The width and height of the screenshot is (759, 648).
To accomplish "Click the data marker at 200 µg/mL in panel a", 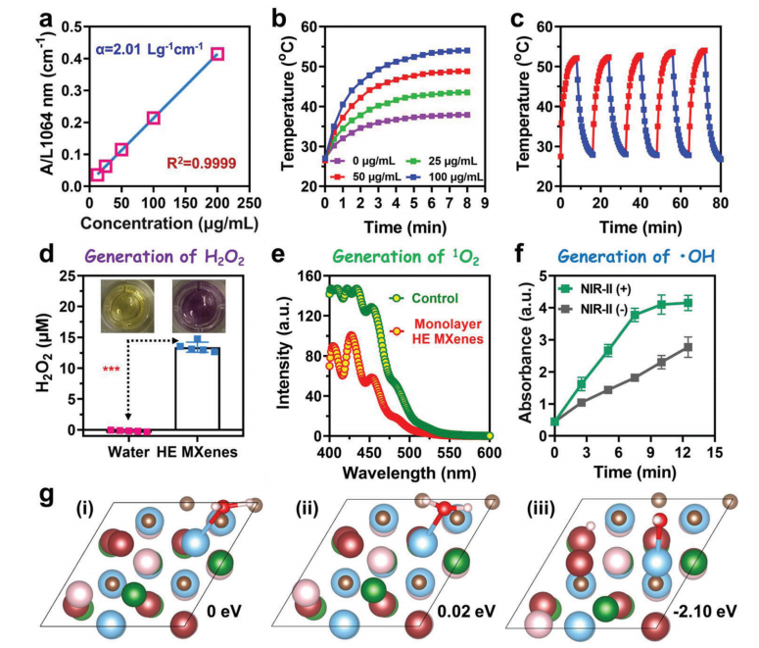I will pos(217,54).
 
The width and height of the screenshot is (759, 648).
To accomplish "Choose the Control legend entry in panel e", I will pos(438,297).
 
